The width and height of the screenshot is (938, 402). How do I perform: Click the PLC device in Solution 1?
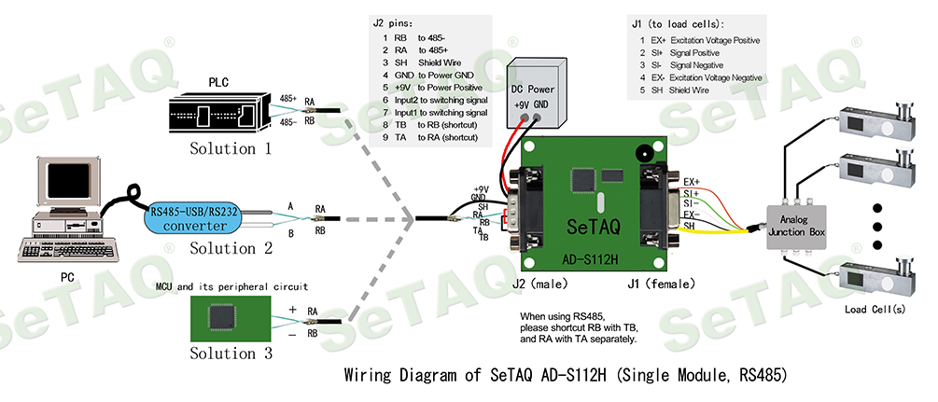coord(223,114)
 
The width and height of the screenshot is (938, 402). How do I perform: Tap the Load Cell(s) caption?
coord(875,310)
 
